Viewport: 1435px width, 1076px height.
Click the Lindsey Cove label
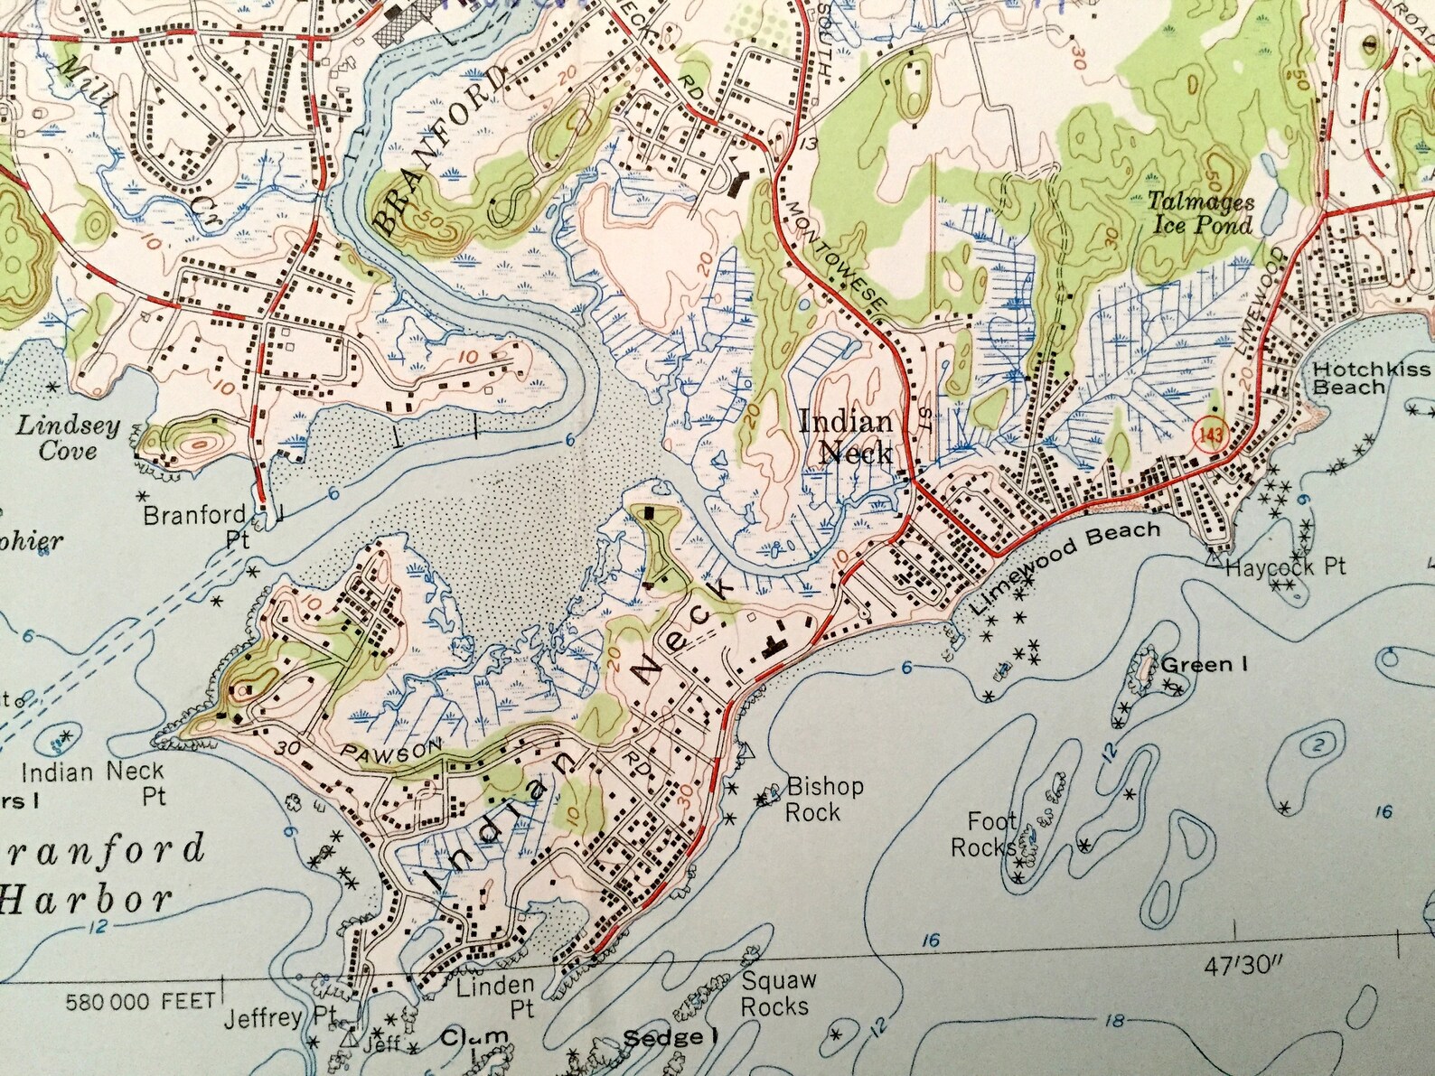tap(68, 437)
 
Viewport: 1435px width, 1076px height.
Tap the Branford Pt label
tap(195, 526)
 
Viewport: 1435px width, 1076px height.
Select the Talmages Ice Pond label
tap(1201, 213)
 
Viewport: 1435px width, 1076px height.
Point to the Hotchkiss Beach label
tap(1371, 378)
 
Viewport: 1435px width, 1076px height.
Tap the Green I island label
tap(1204, 665)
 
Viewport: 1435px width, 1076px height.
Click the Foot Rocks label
tap(992, 834)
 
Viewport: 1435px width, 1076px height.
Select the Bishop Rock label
tap(824, 799)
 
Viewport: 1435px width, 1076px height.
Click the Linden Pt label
tap(494, 995)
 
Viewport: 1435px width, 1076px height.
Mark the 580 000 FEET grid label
tap(141, 1002)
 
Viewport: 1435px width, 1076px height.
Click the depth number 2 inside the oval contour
tap(1319, 745)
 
